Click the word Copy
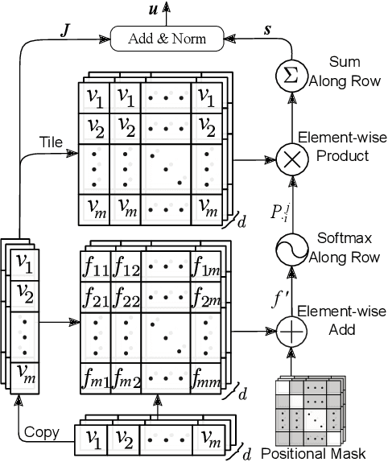click(41, 432)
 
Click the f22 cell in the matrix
click(128, 299)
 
